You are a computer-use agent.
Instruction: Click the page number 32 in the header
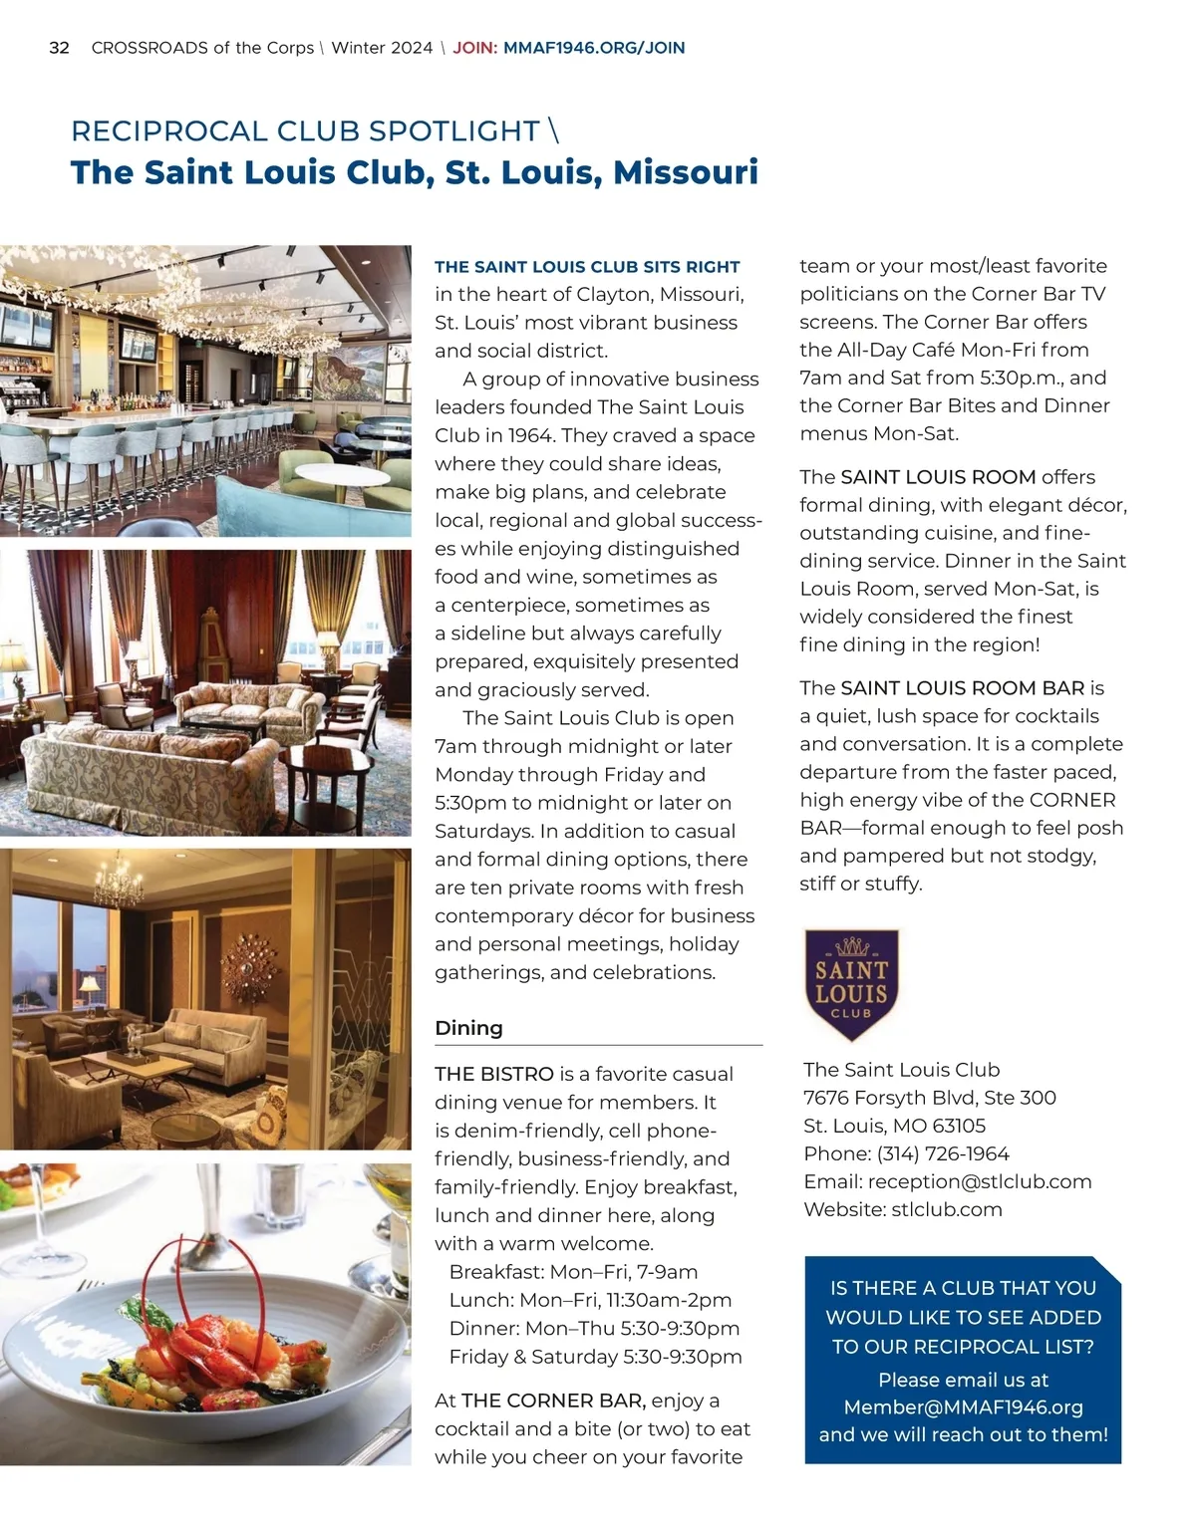click(59, 48)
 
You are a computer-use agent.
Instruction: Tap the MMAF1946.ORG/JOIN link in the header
click(594, 48)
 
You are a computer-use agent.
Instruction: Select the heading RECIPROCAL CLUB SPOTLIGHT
click(305, 130)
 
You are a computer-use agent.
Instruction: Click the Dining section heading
click(468, 1028)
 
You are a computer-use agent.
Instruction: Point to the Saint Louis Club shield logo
click(851, 984)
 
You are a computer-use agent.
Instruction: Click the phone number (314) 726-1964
click(943, 1153)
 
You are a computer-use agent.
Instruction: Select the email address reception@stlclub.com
click(980, 1181)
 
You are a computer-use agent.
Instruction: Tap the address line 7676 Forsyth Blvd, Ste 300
click(929, 1098)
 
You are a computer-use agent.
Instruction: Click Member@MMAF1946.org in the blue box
click(963, 1407)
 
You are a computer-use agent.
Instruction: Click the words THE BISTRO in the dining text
click(494, 1074)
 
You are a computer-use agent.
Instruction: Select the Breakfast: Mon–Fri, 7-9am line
click(573, 1272)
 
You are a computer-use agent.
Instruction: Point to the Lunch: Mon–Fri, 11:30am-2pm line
click(590, 1300)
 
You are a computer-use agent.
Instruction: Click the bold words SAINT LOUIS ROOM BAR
click(962, 688)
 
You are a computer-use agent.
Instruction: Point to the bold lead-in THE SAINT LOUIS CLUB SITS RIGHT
click(587, 267)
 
